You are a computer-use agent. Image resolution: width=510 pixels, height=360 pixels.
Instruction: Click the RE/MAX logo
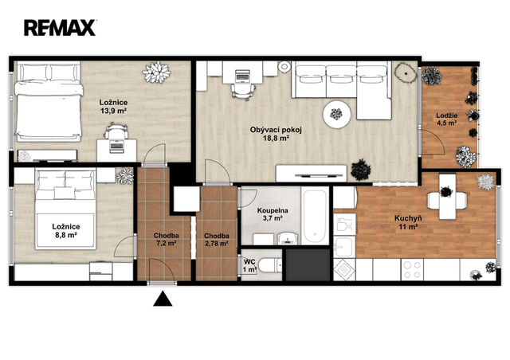(60, 28)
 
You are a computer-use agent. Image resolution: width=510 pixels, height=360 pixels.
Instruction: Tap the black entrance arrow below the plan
(163, 299)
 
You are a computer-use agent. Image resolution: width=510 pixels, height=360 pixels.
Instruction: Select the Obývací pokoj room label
(276, 130)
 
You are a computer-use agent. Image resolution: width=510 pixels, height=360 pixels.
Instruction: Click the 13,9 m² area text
(113, 111)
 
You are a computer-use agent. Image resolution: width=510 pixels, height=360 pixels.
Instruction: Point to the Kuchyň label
(408, 218)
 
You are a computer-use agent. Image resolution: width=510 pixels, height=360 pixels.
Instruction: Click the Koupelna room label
(273, 211)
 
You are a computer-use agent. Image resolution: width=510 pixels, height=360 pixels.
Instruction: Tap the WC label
(249, 262)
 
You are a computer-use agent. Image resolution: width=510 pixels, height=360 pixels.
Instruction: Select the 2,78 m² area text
(216, 243)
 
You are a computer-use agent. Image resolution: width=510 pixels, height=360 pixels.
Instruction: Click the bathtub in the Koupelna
(315, 217)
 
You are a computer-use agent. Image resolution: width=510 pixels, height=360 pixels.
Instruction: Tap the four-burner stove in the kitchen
(412, 269)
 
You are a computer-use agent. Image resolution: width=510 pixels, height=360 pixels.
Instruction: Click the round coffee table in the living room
(336, 114)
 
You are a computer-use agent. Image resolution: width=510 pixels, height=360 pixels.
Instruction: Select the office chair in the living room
(242, 90)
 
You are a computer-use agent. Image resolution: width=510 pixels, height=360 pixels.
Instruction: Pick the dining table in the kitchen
(448, 197)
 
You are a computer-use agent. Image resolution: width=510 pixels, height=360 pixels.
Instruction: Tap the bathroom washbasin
(287, 239)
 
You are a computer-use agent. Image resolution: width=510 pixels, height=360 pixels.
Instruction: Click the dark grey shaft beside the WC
(308, 264)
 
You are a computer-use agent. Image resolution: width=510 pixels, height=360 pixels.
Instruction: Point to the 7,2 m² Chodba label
(167, 239)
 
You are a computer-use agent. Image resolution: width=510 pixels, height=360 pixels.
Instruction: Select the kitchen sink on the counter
(344, 247)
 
